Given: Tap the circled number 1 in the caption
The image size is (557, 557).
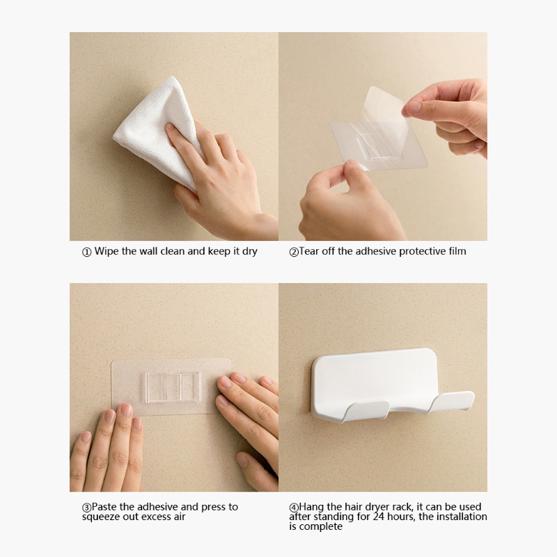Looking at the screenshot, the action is point(86,252).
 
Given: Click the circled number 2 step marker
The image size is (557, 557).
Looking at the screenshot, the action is point(294,252).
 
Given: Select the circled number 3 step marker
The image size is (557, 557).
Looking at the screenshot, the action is point(86,508).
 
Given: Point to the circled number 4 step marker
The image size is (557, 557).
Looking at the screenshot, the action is point(294,508).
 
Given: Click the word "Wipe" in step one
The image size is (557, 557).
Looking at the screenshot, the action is point(107,251).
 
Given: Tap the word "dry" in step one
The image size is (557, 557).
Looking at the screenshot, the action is point(250,252).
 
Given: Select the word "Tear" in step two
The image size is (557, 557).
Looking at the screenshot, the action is point(308,251).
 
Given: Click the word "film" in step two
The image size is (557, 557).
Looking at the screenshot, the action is point(457,251).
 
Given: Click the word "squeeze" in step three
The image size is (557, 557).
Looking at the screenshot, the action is point(101,517).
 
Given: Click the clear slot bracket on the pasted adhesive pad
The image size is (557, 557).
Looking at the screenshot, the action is point(173,388).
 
